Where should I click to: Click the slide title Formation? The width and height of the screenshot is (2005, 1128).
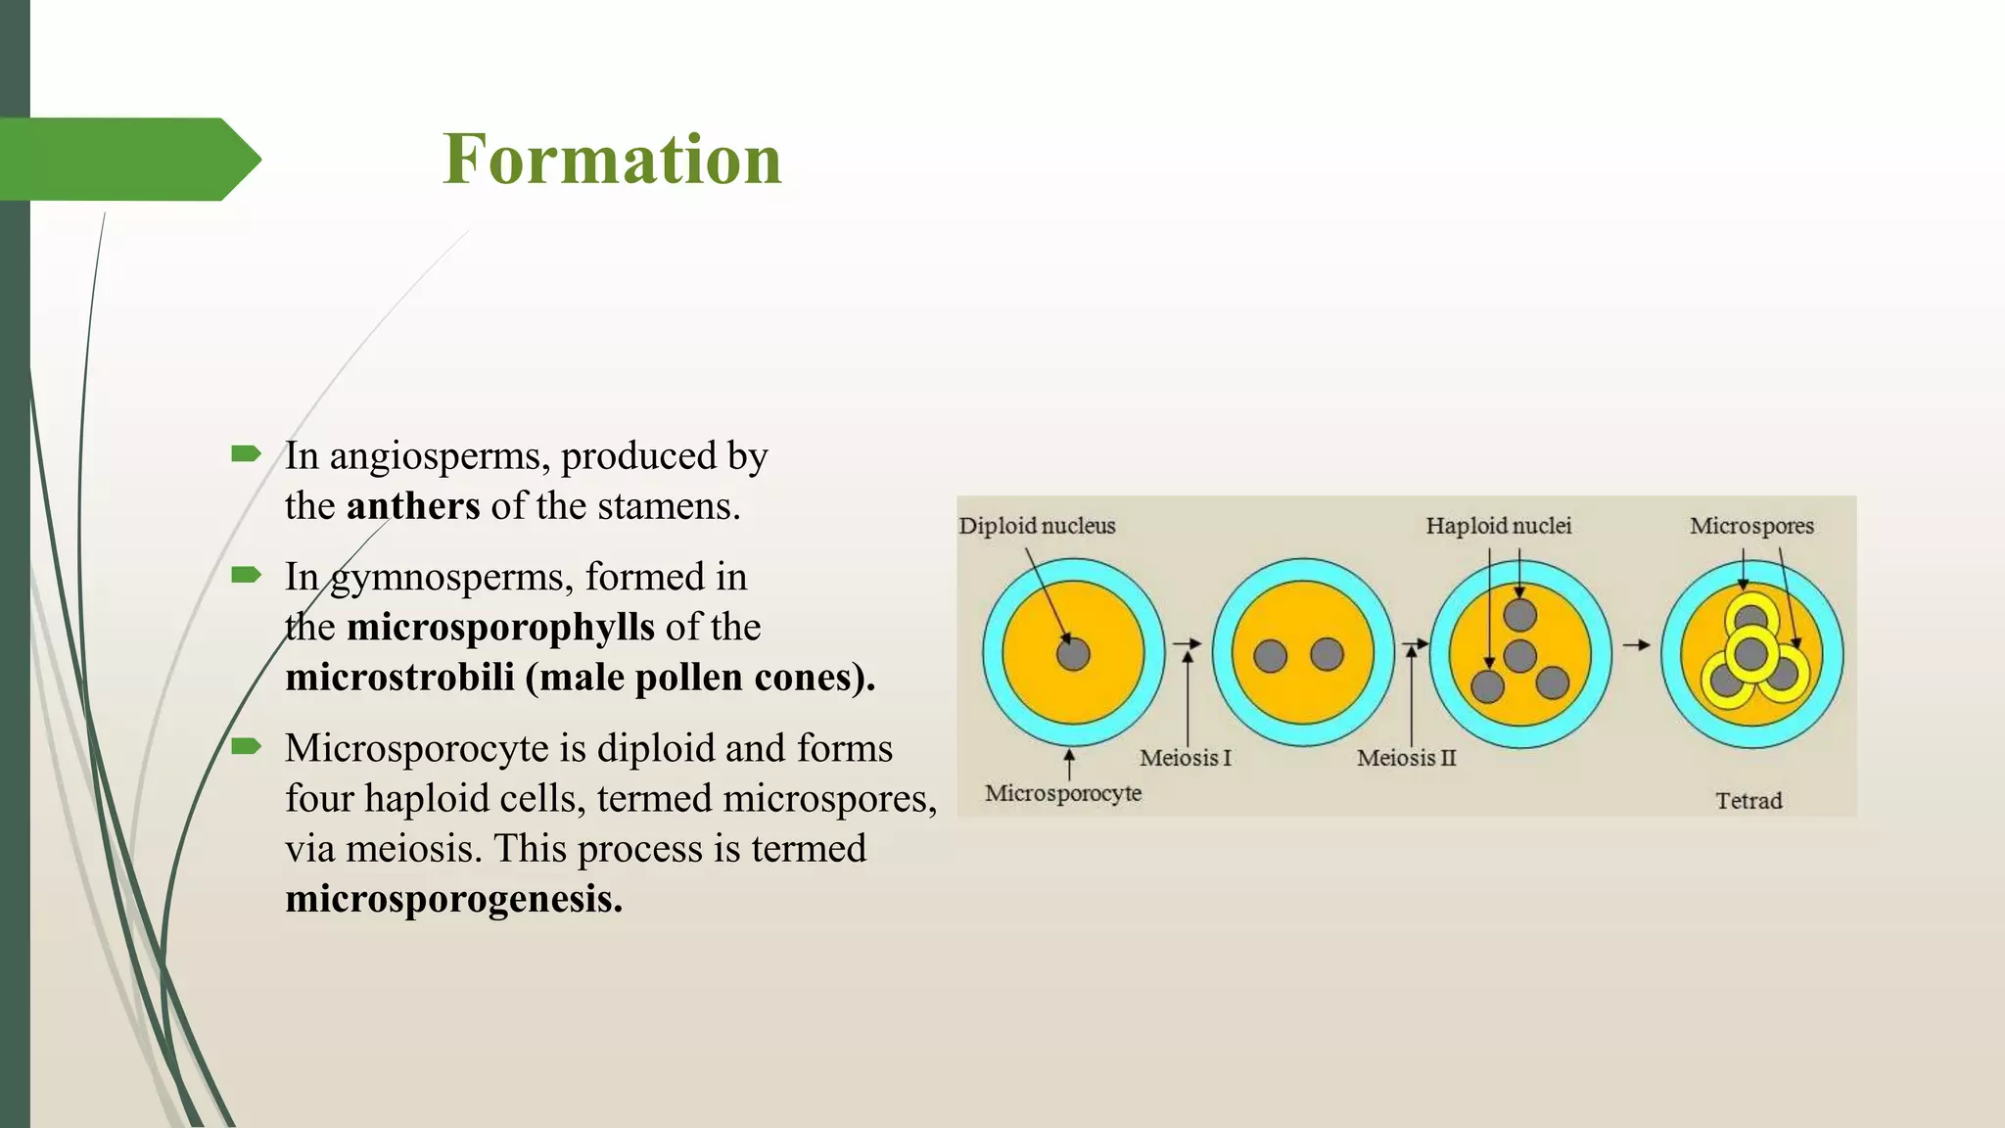click(x=612, y=159)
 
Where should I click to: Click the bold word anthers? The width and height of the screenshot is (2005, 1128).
click(x=413, y=506)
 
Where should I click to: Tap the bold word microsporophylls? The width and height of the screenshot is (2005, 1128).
click(x=500, y=627)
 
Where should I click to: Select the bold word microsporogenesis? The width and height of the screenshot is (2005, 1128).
click(x=453, y=899)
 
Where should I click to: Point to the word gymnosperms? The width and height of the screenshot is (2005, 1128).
click(x=451, y=577)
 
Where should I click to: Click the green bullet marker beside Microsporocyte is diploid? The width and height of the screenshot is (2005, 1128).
click(x=246, y=748)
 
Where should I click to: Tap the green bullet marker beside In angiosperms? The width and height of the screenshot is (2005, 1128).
click(x=246, y=453)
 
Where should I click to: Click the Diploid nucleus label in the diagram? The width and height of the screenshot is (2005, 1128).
click(x=1037, y=526)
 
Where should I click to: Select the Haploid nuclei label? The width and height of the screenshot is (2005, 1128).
click(x=1498, y=526)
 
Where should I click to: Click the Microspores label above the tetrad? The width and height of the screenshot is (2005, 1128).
click(x=1751, y=526)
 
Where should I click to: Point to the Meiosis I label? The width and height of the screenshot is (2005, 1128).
click(x=1185, y=758)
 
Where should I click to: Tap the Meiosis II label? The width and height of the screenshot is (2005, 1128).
click(x=1406, y=758)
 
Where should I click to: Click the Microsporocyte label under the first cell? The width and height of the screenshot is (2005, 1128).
click(x=1063, y=793)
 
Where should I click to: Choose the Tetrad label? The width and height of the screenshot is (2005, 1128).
click(x=1749, y=801)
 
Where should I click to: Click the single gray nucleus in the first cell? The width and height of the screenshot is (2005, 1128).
click(x=1074, y=654)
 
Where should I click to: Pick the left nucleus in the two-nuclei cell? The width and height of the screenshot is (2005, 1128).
click(x=1271, y=655)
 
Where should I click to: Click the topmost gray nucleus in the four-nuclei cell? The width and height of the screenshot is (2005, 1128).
click(x=1520, y=615)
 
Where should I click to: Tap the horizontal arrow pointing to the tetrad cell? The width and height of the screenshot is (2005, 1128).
click(x=1636, y=645)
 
